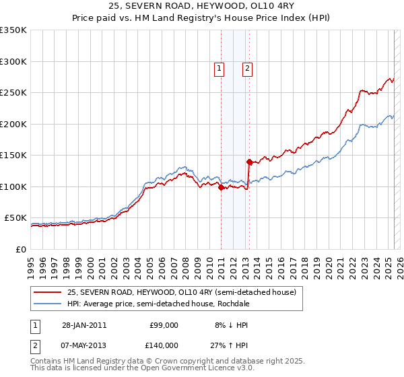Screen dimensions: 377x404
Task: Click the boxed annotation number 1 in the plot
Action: point(220,67)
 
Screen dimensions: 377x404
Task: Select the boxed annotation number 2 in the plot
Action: point(247,67)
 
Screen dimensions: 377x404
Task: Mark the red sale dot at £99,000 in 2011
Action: point(221,188)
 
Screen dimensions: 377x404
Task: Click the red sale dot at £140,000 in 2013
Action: point(249,162)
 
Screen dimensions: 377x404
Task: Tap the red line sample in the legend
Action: point(47,292)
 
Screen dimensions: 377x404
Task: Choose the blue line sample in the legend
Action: point(47,304)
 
